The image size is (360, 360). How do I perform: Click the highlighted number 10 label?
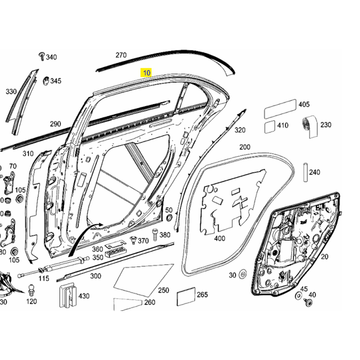click(147, 72)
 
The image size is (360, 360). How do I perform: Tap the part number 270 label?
click(121, 55)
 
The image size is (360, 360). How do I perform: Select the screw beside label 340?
click(41, 56)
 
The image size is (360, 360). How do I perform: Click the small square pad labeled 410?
click(270, 126)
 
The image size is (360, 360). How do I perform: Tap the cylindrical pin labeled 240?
click(304, 172)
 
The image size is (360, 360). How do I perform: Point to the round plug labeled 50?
click(169, 218)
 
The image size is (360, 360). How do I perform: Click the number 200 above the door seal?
click(244, 147)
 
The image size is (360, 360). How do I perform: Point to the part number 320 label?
click(240, 130)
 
